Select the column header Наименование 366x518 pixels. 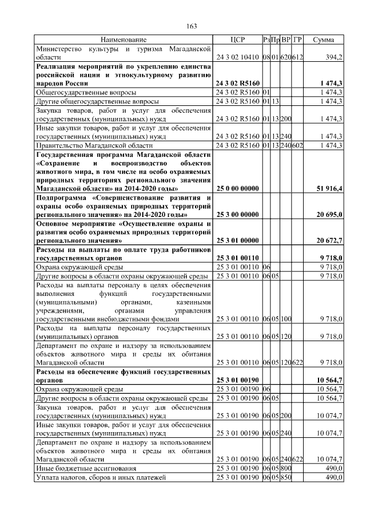(x=124, y=40)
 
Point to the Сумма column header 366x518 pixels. (x=324, y=40)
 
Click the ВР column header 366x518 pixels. (x=287, y=40)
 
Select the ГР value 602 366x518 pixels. (x=297, y=145)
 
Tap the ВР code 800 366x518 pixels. (x=287, y=467)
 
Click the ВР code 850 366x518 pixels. (x=287, y=476)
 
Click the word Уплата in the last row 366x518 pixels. (x=48, y=476)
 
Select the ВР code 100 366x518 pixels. (x=287, y=319)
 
